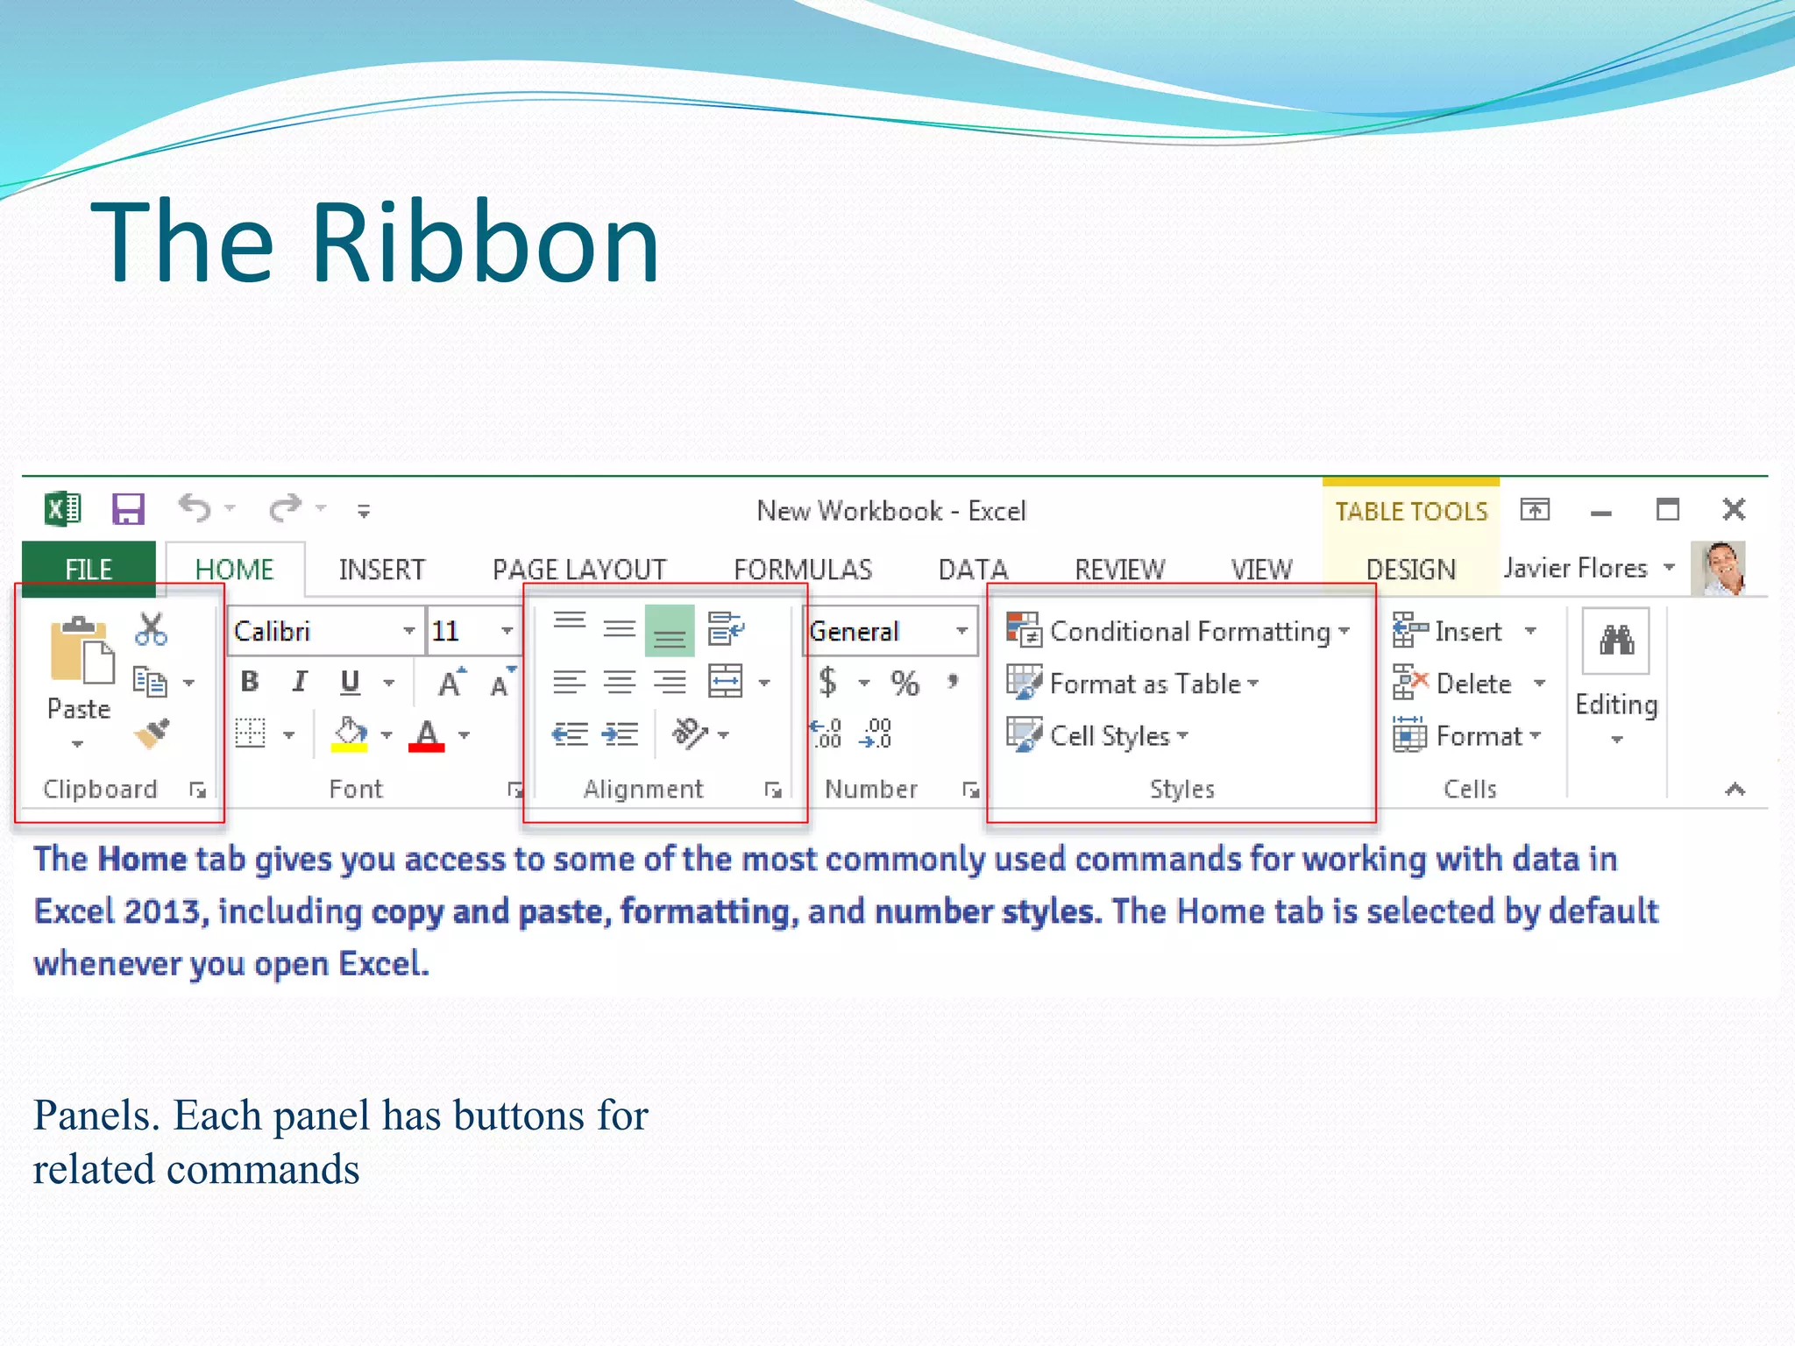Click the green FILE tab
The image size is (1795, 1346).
(x=89, y=569)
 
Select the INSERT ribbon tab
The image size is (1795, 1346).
(x=381, y=570)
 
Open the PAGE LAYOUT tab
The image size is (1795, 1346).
(x=579, y=570)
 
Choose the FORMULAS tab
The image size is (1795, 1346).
(x=803, y=570)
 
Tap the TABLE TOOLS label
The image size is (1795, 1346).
(x=1411, y=511)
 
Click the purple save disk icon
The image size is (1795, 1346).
(x=128, y=509)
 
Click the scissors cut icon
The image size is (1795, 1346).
(x=151, y=629)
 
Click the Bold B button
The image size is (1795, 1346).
(x=250, y=682)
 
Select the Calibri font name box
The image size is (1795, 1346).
(x=316, y=631)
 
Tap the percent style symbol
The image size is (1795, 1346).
(x=905, y=684)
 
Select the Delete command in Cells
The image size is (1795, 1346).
(x=1472, y=684)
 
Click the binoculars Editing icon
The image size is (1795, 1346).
(x=1616, y=641)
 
